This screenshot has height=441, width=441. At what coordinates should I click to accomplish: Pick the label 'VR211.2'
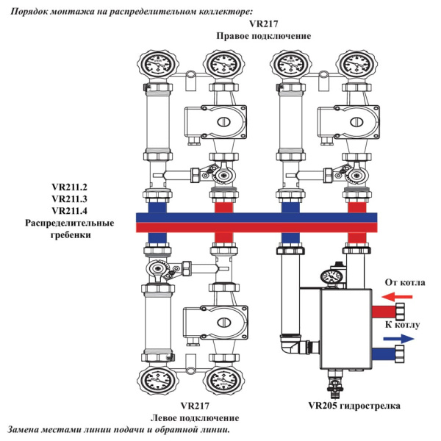click(x=70, y=186)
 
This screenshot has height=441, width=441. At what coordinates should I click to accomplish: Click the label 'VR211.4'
click(x=70, y=210)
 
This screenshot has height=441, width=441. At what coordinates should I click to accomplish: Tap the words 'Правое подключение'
click(x=263, y=35)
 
